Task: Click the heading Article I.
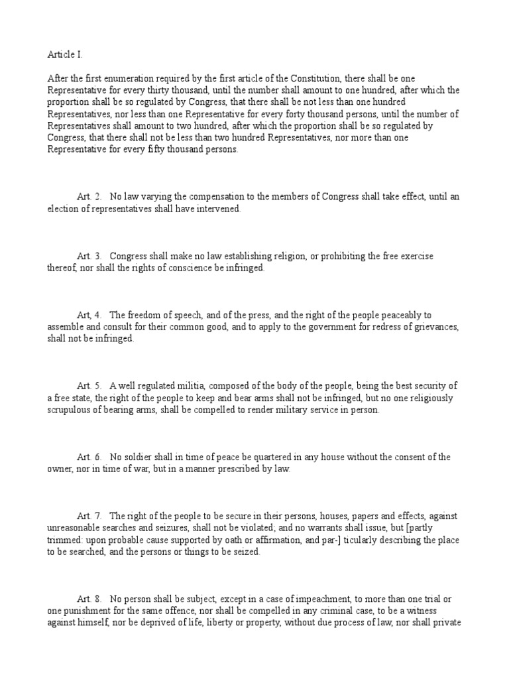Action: click(65, 54)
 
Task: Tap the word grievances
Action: click(432, 327)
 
